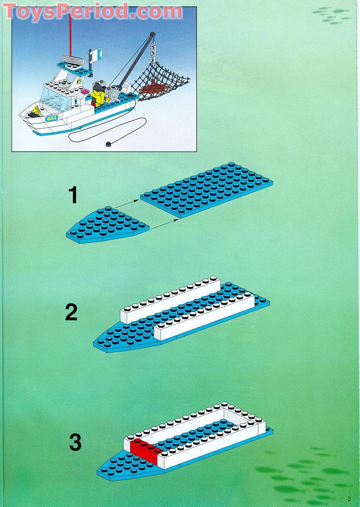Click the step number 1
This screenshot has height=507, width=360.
pyautogui.click(x=73, y=196)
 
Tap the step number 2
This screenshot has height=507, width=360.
pyautogui.click(x=71, y=312)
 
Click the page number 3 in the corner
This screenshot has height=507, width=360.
pyautogui.click(x=349, y=498)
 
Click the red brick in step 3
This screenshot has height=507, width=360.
pyautogui.click(x=145, y=448)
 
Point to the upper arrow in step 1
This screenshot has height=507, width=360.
pyautogui.click(x=126, y=203)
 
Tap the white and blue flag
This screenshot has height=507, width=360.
pyautogui.click(x=97, y=54)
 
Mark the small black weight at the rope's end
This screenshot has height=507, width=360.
pyautogui.click(x=108, y=144)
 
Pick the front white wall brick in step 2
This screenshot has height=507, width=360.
pyautogui.click(x=205, y=320)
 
